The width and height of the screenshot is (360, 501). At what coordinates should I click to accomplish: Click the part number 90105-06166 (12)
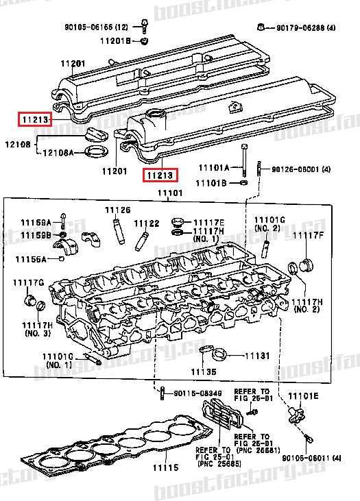pos(97,27)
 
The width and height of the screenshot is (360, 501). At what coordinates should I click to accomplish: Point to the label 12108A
pos(59,152)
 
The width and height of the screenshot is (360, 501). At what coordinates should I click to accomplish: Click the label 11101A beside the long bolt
pos(213,167)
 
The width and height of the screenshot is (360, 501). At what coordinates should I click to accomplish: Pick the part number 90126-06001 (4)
pos(301,169)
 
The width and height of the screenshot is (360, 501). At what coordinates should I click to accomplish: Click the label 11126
pos(117,209)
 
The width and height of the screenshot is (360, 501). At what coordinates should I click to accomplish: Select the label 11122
pos(146,223)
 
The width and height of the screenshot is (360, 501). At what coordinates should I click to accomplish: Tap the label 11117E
pos(208,222)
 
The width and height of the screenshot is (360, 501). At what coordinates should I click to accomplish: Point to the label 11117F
pos(308,235)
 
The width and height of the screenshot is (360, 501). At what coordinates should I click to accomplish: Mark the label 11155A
pos(32,259)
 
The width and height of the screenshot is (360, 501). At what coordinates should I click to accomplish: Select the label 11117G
pos(28,282)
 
